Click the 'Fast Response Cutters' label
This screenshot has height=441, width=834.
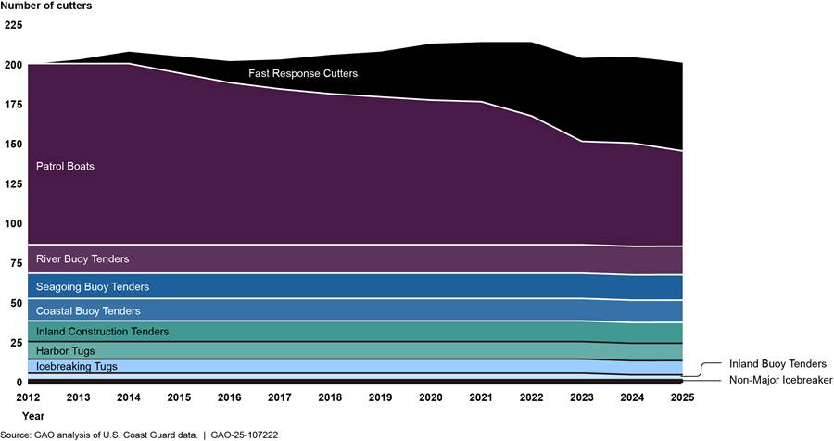click(x=302, y=73)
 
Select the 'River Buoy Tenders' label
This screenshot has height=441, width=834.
click(x=82, y=258)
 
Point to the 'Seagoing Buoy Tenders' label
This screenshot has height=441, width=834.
click(x=92, y=287)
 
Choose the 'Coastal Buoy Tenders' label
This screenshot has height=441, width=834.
click(x=88, y=311)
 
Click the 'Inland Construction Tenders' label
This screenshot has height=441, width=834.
click(x=102, y=332)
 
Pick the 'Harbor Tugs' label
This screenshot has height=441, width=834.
click(x=65, y=351)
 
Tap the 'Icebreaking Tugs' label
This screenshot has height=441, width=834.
click(x=76, y=367)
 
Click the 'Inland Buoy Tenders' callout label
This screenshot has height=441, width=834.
click(x=777, y=364)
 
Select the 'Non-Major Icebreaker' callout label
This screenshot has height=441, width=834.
click(x=780, y=380)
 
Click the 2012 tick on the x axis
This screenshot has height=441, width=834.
click(x=27, y=397)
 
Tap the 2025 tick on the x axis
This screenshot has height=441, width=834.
click(x=681, y=397)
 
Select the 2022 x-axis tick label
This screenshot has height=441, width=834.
click(x=532, y=397)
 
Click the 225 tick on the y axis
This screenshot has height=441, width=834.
click(x=12, y=25)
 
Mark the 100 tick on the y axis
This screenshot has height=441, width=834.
click(x=12, y=223)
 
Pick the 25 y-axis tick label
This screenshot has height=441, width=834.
click(x=15, y=343)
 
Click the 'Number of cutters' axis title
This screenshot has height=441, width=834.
click(x=46, y=6)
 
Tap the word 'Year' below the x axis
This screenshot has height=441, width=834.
click(x=32, y=416)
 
